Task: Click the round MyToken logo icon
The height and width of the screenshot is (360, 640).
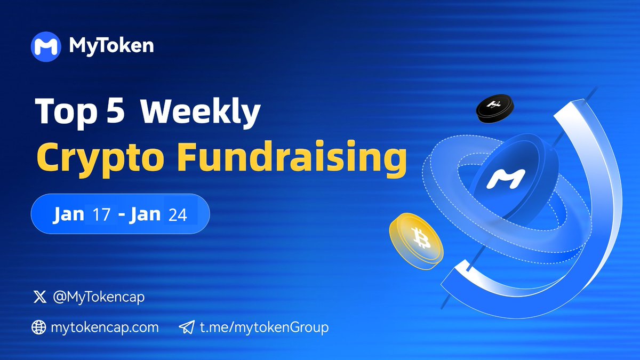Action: [x=46, y=46]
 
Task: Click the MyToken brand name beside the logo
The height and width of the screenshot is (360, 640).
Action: [x=111, y=46]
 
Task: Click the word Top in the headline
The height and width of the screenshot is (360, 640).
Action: [x=68, y=114]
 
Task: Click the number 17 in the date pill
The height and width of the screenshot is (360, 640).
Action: [x=102, y=214]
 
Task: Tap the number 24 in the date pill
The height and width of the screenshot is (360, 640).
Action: [x=178, y=214]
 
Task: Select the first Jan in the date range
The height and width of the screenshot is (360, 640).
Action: [x=69, y=214]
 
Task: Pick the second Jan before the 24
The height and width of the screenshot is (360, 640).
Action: [x=145, y=214]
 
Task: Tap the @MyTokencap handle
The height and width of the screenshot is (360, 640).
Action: [x=99, y=298]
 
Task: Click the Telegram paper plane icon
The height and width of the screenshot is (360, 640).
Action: [x=186, y=327]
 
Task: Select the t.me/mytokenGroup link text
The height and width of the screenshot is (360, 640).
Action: [x=264, y=327]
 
